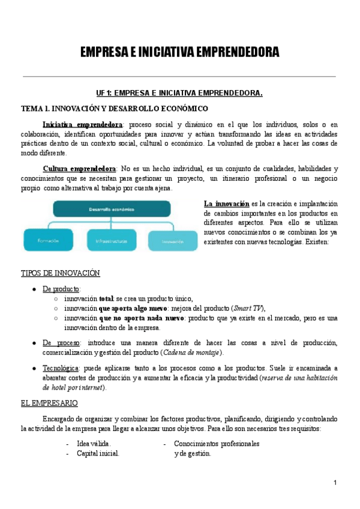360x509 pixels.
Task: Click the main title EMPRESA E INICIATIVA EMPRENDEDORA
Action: (x=179, y=53)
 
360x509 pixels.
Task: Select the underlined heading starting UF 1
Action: (x=179, y=93)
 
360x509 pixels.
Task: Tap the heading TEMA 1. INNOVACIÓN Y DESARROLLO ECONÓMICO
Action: (x=114, y=109)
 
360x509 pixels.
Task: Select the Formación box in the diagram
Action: (x=48, y=240)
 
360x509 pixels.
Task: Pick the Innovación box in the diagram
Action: (x=173, y=241)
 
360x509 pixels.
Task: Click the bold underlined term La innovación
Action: (x=226, y=204)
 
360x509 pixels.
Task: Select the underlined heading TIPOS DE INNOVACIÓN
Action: (x=60, y=273)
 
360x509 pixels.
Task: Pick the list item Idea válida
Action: (x=94, y=444)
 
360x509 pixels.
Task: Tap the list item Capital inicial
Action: (x=98, y=454)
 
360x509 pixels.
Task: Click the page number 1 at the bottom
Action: (x=335, y=483)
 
